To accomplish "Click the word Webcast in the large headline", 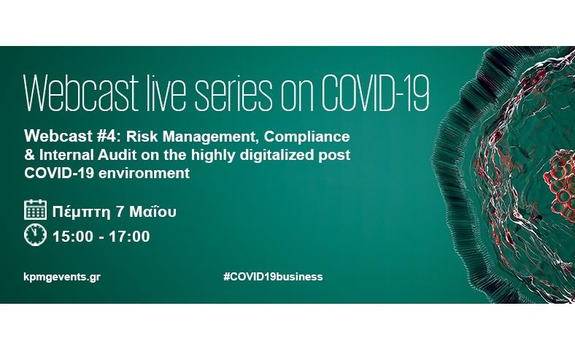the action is [81, 93].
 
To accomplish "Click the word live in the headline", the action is [166, 93].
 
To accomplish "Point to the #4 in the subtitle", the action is [109, 137].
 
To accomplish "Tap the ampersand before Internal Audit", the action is [29, 155].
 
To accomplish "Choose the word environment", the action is [144, 173].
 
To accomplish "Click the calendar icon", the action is [35, 210].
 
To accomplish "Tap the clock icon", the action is [35, 235].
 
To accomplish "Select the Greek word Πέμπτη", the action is [81, 212].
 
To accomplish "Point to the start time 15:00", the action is [73, 237].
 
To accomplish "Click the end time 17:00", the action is [129, 237].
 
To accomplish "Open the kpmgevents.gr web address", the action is [62, 277].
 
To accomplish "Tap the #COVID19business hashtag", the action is [273, 277].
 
